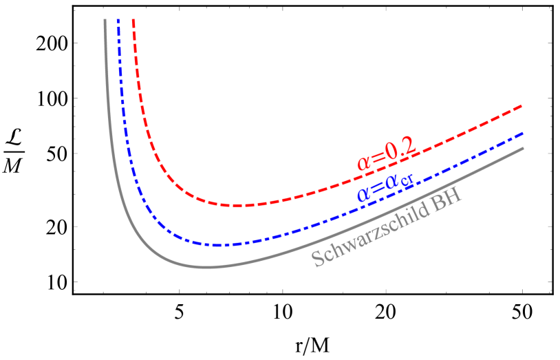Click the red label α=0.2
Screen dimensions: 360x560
(x=386, y=153)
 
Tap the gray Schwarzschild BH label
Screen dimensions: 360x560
(x=386, y=229)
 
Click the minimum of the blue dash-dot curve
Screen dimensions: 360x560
(x=217, y=245)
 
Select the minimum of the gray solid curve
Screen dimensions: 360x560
(x=206, y=267)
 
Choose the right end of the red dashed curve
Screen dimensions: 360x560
(x=522, y=106)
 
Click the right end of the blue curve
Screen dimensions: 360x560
(x=522, y=133)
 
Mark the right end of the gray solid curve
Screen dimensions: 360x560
(x=522, y=148)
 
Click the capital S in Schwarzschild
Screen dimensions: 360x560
(x=318, y=259)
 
